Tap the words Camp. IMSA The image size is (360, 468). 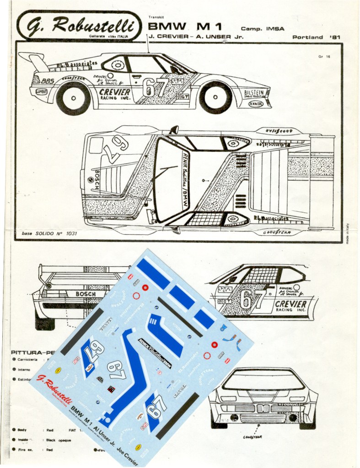pos(263,28)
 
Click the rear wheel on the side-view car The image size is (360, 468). pos(73,98)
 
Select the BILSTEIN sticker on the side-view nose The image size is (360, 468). pos(255,93)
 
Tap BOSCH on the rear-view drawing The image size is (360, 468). pos(85,294)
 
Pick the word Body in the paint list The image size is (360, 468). pos(22,430)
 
